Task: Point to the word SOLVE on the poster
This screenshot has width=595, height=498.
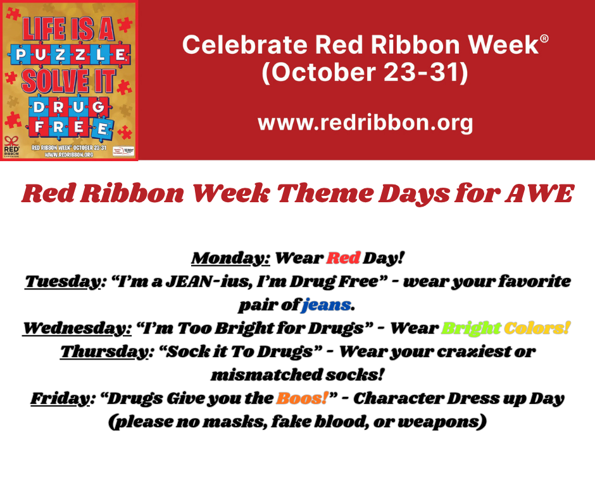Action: [x=49, y=82]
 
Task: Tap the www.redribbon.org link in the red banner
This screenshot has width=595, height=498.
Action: [x=365, y=122]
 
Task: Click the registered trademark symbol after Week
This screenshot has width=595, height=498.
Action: [x=544, y=39]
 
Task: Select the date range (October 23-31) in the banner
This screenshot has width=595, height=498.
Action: [x=365, y=72]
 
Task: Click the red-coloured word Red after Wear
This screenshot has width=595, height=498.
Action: [x=343, y=258]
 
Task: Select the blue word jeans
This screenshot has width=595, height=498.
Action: [x=326, y=305]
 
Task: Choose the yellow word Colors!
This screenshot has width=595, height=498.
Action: [x=537, y=329]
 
